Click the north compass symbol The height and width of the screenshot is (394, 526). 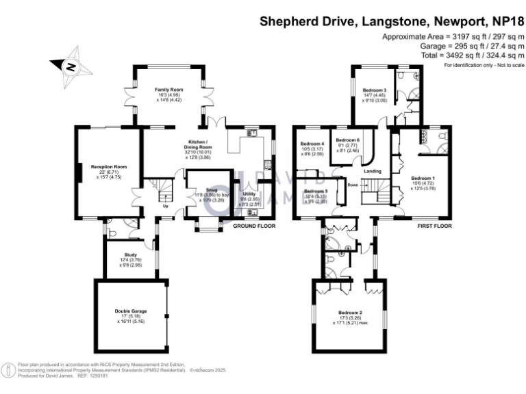pos(69,66)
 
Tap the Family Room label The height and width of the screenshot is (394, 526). pos(168,90)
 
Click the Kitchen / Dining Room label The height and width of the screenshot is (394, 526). pos(203,143)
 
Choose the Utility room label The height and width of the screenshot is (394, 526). pos(249,195)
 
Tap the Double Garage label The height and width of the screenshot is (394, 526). pos(131,311)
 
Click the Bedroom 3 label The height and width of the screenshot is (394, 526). pos(375,90)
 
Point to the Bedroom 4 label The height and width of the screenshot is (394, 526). pos(312,144)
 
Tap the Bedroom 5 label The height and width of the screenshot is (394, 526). pos(316,191)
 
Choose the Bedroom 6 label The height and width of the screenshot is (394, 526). pos(348,140)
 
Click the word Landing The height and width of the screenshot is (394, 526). pos(373,171)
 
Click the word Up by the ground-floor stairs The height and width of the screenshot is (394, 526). pos(165,206)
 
